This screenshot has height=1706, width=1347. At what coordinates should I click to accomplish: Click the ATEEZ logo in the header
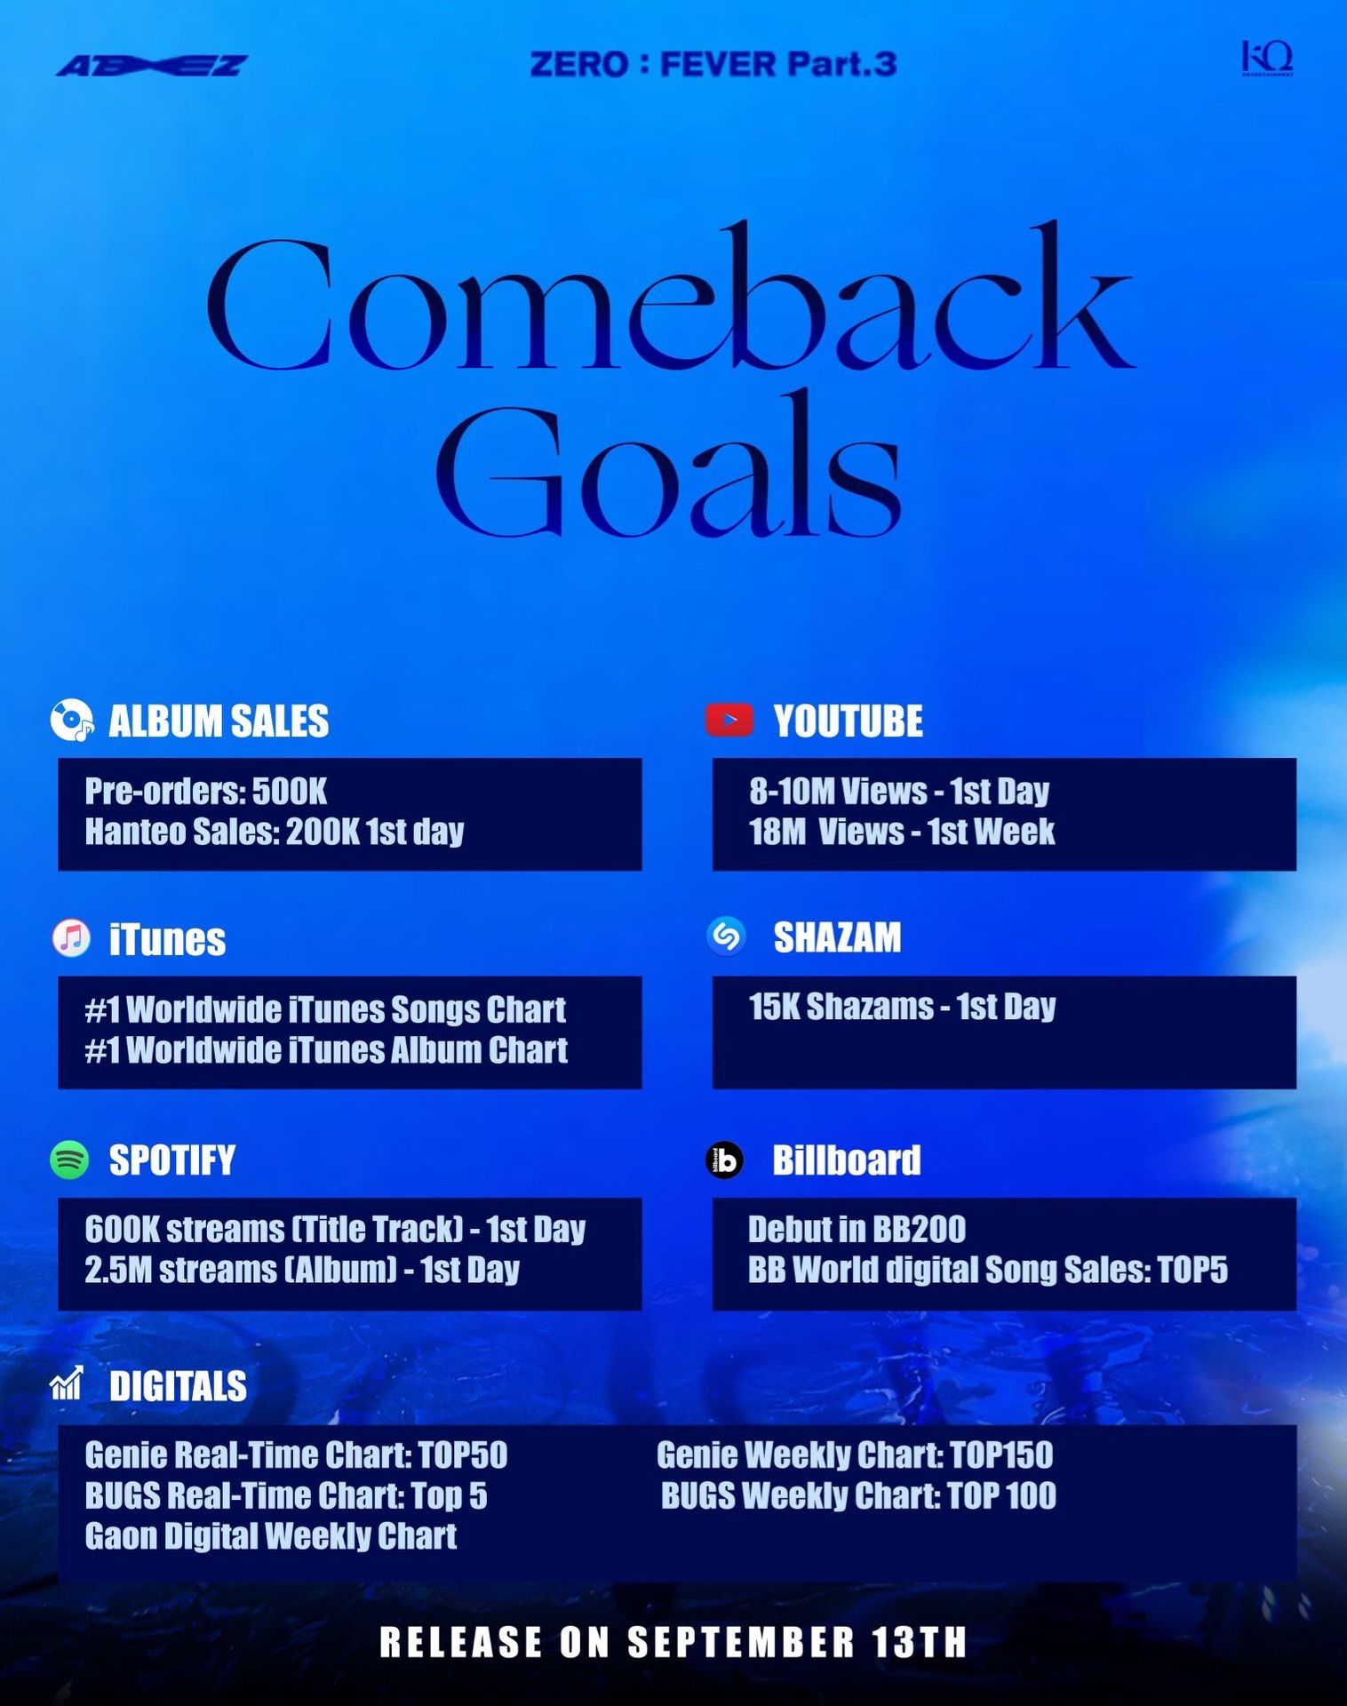[152, 66]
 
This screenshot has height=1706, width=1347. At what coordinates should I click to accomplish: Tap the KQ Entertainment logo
[1267, 58]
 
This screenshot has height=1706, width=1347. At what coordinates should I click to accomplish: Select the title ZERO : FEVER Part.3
[713, 64]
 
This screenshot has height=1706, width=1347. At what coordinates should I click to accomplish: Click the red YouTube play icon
[729, 720]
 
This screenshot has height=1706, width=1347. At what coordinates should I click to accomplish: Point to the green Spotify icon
[69, 1160]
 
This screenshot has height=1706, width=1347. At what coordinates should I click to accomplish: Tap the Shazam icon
[726, 936]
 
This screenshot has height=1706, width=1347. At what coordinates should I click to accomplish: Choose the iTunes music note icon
[71, 938]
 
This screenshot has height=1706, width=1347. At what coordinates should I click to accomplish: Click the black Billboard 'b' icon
[724, 1160]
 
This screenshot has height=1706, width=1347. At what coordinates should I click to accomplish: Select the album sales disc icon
[71, 720]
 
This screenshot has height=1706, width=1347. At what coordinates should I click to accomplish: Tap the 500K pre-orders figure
[290, 791]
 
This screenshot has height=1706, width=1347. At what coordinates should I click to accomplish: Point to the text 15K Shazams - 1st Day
[902, 1007]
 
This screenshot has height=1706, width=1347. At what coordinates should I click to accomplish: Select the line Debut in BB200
[857, 1229]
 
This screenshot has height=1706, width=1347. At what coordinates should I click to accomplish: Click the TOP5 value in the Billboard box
[1192, 1270]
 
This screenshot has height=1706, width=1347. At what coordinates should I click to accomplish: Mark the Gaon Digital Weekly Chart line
[271, 1535]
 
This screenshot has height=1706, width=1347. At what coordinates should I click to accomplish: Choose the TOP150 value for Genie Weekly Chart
[1001, 1455]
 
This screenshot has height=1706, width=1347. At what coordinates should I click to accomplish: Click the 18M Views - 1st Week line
[902, 832]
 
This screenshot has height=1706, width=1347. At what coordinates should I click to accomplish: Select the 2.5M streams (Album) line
[302, 1270]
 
